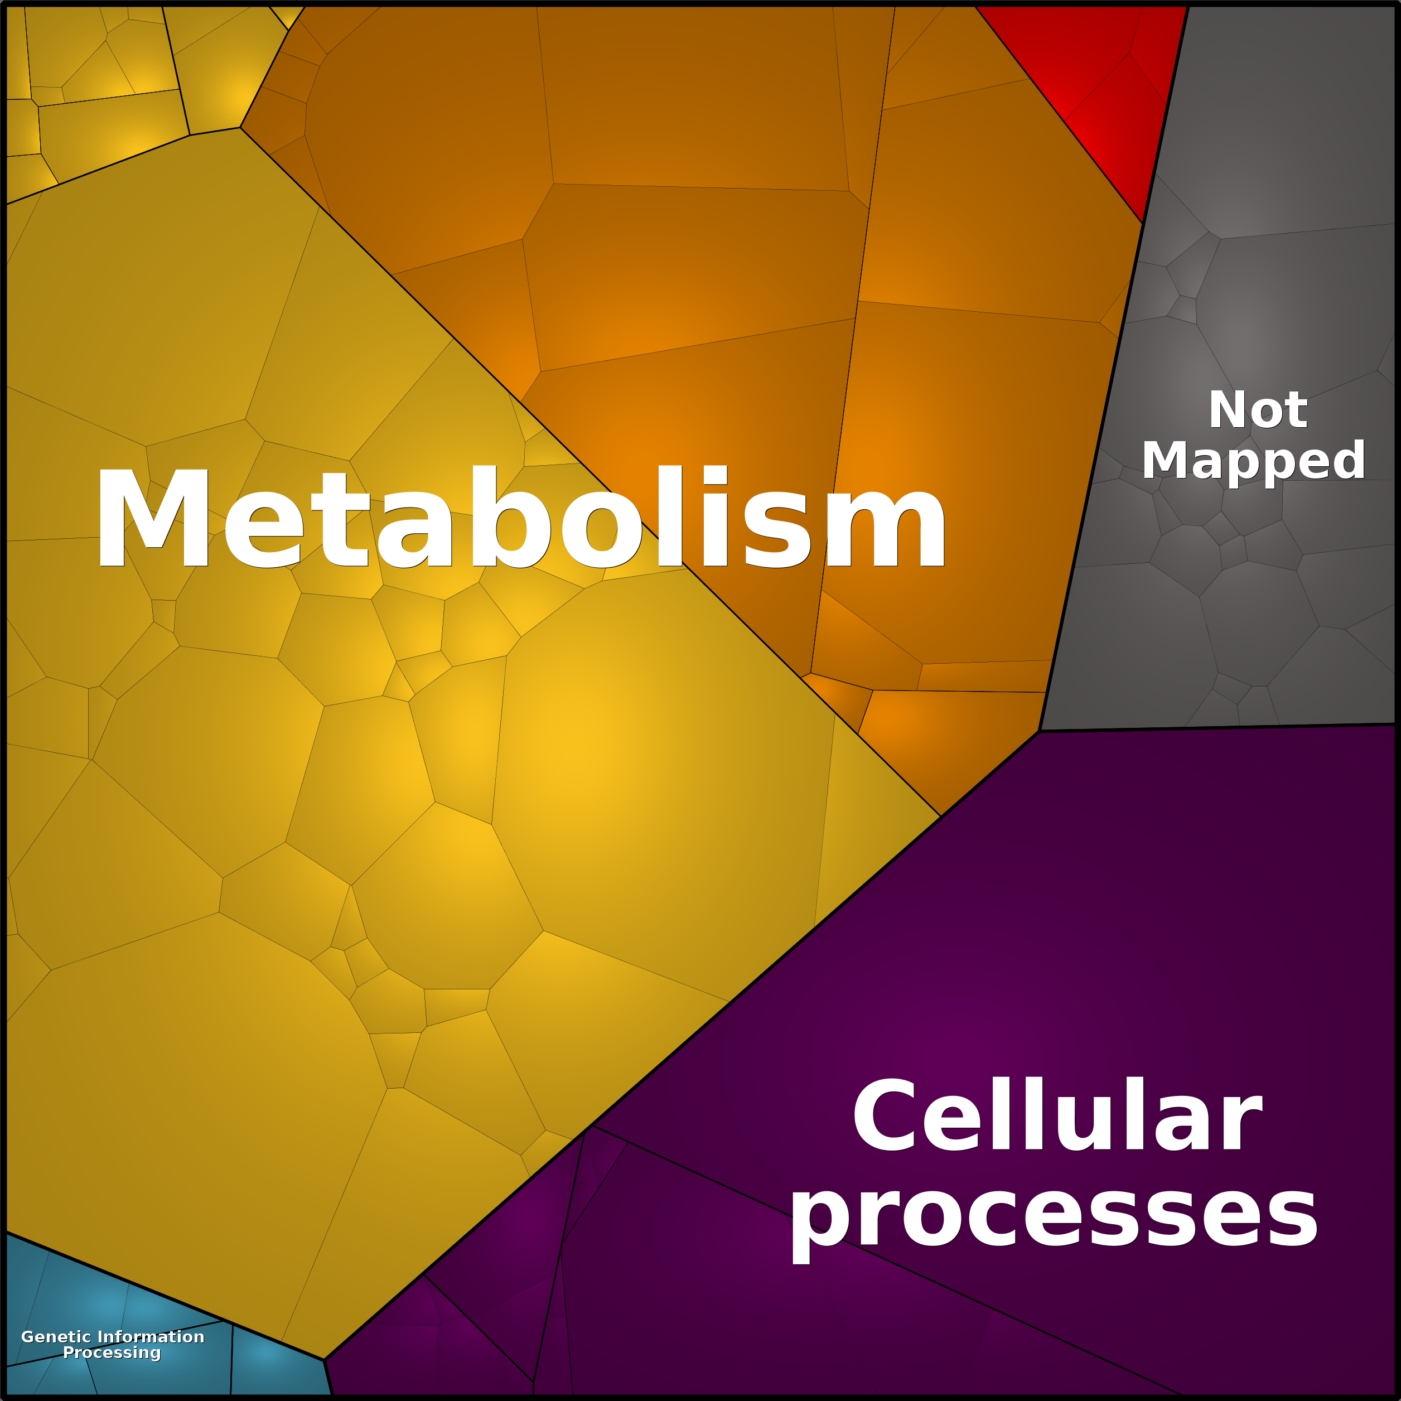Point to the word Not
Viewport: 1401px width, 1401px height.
1258,410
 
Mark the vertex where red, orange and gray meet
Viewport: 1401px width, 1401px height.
1143,223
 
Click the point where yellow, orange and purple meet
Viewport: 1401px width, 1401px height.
940,817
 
